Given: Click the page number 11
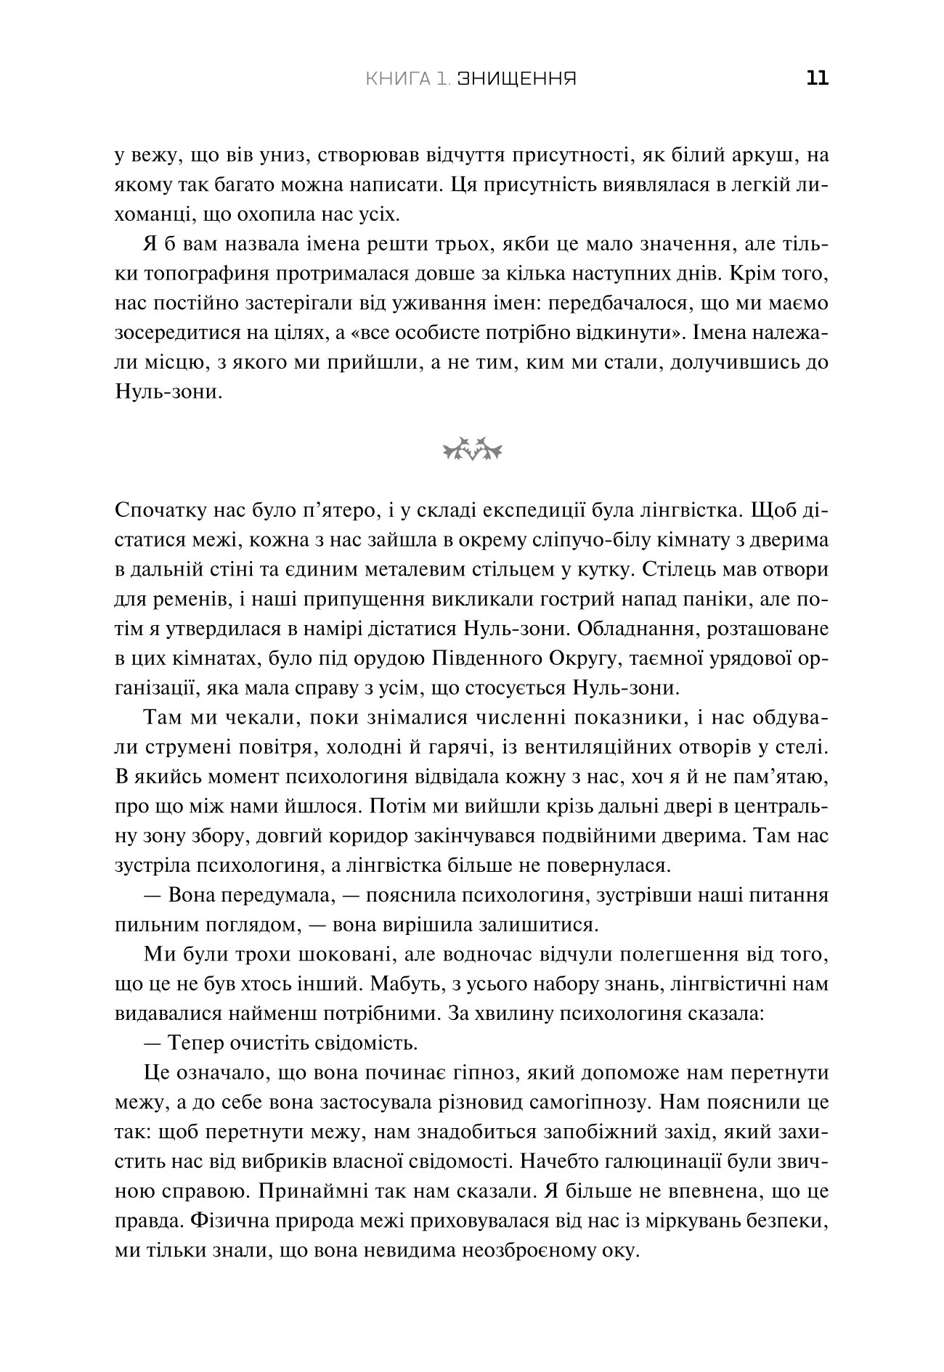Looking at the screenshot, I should point(817,78).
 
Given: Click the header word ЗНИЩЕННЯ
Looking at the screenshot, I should point(517,78).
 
